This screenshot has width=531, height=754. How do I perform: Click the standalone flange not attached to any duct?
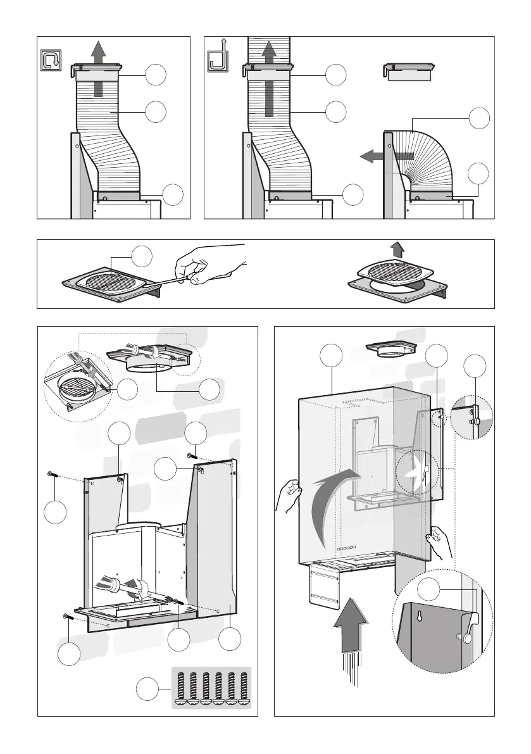tap(409, 72)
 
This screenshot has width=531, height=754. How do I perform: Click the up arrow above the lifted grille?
tap(397, 249)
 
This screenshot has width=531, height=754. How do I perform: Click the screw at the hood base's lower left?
tap(68, 617)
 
